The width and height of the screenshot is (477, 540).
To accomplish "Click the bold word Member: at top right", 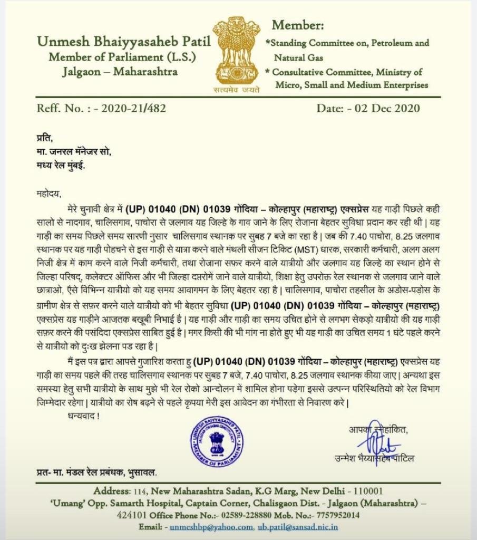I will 298,25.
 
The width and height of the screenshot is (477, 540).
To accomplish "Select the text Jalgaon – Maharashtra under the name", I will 120,71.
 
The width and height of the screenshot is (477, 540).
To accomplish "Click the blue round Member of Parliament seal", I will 217,436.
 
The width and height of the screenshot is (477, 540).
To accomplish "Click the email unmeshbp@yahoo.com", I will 209,527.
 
